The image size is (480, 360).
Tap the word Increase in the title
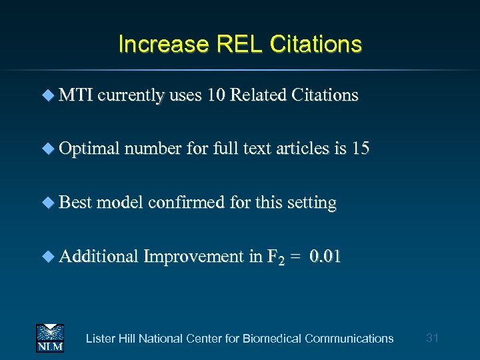point(163,44)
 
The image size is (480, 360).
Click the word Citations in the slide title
point(315,44)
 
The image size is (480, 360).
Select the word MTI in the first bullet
point(76,95)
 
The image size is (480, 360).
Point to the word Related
point(257,95)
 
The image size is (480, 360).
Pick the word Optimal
point(88,149)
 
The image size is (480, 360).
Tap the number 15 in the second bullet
point(360,149)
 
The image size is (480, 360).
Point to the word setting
point(311,202)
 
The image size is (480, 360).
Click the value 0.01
point(326,256)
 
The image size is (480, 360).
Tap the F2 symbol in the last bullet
point(275,257)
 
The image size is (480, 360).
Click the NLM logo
point(49,337)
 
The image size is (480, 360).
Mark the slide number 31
point(432,338)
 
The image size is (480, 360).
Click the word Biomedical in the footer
point(272,339)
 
